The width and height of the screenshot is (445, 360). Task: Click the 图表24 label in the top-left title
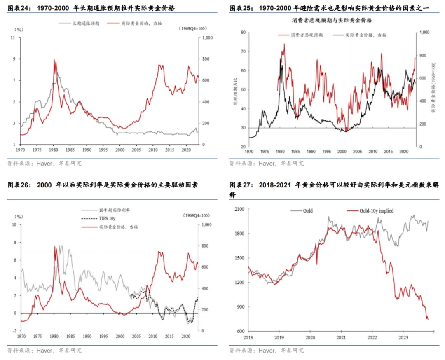click(19, 7)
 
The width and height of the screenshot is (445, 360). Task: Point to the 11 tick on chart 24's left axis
click(17, 37)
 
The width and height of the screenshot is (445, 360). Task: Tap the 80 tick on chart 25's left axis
click(243, 32)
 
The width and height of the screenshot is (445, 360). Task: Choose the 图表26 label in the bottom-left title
click(19, 185)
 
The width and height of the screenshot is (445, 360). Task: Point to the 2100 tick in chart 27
click(239, 209)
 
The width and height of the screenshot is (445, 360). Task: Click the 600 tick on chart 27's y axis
click(240, 331)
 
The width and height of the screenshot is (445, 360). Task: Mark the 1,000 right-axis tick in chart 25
click(424, 32)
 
